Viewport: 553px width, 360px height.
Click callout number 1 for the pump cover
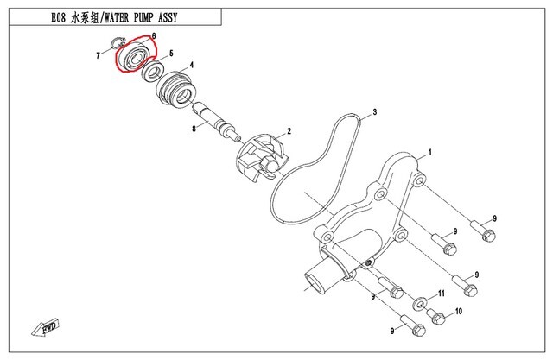[429, 152]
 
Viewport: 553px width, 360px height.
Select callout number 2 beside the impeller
[289, 130]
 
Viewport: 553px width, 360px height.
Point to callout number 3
[376, 112]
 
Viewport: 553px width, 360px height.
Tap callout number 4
[190, 66]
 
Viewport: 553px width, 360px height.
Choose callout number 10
[459, 311]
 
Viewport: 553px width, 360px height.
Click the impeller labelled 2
[259, 159]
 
